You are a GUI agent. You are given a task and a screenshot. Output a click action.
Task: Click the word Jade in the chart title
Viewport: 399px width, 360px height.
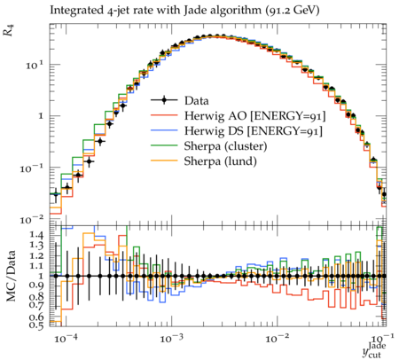[x=193, y=10]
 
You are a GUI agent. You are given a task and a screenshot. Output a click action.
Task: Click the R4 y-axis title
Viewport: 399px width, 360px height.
[x=9, y=30]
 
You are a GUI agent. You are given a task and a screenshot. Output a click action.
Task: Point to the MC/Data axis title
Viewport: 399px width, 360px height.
[x=11, y=276]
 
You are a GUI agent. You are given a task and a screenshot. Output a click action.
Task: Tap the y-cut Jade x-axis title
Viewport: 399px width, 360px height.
[x=374, y=350]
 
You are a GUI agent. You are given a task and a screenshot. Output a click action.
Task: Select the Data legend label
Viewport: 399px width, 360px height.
[x=197, y=100]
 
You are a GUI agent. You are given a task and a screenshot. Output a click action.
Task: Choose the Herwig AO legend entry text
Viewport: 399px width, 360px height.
[x=254, y=116]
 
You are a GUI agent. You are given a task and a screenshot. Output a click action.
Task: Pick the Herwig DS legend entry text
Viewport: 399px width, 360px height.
[x=254, y=130]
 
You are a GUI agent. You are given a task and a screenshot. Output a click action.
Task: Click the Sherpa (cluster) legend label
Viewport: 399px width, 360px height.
[x=225, y=146]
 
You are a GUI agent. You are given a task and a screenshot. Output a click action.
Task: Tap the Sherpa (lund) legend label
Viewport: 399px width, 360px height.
[x=220, y=161]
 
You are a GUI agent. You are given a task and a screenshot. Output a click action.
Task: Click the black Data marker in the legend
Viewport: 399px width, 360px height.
[x=164, y=100]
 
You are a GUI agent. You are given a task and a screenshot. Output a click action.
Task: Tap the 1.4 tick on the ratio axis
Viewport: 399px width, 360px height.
[x=36, y=235]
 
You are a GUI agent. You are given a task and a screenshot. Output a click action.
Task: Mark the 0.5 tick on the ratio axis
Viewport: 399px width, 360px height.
[x=36, y=325]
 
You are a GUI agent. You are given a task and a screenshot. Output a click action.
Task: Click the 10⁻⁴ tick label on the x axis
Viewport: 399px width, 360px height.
[x=64, y=338]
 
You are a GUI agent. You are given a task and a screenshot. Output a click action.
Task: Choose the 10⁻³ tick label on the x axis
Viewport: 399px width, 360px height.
[x=170, y=338]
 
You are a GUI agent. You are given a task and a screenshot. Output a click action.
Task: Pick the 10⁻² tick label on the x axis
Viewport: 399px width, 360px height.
[x=277, y=338]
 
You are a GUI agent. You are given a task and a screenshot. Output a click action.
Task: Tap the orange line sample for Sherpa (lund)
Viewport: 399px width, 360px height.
[x=164, y=160]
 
